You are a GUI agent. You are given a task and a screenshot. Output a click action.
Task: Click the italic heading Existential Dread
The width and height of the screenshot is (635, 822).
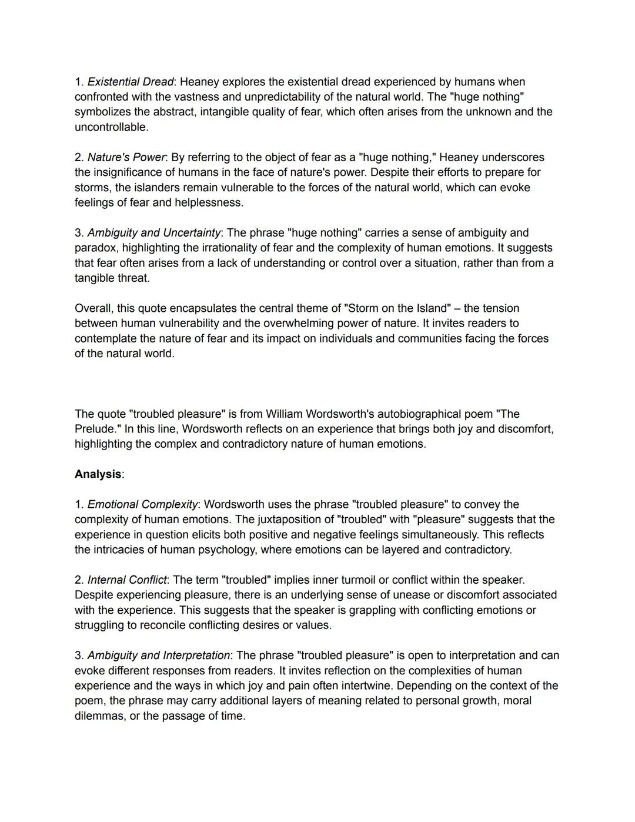click(131, 82)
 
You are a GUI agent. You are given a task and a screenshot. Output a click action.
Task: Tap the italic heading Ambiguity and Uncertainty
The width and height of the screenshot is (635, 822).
click(154, 232)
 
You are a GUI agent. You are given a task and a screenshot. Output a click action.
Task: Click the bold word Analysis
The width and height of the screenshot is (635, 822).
click(98, 474)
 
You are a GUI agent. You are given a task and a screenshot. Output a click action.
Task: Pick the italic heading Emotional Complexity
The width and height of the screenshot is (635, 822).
click(142, 504)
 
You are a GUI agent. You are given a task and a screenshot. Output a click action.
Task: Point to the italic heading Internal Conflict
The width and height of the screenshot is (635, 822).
click(127, 580)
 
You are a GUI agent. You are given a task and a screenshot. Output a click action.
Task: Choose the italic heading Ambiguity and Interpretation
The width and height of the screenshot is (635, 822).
click(159, 655)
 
